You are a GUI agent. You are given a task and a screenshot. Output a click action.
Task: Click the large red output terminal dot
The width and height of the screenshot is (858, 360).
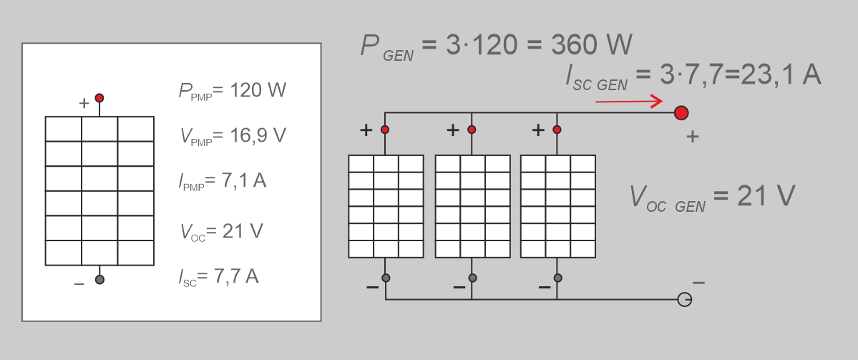click(x=681, y=112)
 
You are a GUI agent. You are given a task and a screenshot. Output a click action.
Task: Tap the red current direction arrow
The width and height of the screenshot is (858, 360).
click(x=629, y=102)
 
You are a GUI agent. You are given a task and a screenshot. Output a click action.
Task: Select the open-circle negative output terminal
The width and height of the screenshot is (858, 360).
click(x=684, y=299)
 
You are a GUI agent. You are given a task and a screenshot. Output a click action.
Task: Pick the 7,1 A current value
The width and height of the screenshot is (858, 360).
click(x=244, y=180)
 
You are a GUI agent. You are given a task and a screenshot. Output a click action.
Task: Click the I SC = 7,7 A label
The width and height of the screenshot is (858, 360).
click(x=219, y=276)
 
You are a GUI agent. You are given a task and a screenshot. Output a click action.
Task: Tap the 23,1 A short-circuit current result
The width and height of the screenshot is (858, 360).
click(x=781, y=75)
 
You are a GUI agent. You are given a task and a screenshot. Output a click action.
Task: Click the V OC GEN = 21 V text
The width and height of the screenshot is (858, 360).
click(x=712, y=196)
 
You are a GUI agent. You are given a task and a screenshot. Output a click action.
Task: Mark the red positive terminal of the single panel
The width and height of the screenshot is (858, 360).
click(x=99, y=98)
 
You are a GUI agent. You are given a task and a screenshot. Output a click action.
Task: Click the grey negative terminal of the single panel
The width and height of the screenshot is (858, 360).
click(x=99, y=280)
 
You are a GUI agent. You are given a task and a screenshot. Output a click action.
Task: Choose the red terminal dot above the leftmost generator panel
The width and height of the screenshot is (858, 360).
click(x=385, y=130)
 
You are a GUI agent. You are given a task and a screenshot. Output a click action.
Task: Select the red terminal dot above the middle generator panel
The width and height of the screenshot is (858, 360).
click(x=472, y=130)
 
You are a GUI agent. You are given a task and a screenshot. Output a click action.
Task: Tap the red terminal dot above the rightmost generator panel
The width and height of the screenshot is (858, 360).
click(x=557, y=130)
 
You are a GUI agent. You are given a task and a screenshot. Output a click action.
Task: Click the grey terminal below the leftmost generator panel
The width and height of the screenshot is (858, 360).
click(x=385, y=278)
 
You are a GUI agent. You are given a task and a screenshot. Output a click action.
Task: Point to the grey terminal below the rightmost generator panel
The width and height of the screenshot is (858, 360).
click(x=557, y=278)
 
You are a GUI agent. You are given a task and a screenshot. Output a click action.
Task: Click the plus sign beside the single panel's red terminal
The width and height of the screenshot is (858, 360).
click(x=84, y=103)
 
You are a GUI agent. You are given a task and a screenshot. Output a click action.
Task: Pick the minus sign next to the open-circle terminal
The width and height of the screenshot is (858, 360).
click(x=698, y=283)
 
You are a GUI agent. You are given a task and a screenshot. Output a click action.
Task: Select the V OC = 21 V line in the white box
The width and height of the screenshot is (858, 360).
click(x=222, y=231)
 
